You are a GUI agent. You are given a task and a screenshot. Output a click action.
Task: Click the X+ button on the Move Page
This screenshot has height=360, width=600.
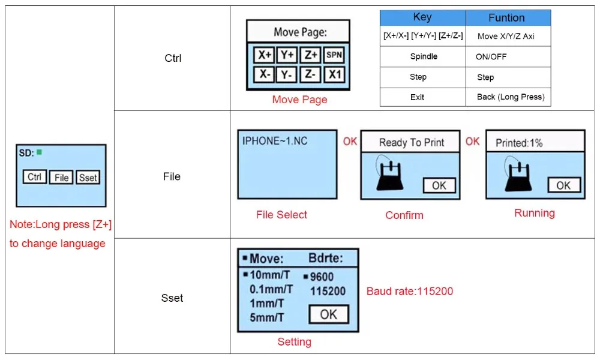[263, 55]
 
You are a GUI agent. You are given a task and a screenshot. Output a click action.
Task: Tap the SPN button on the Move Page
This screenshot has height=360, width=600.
[334, 55]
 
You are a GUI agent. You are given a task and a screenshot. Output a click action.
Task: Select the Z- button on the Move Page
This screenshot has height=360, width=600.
[310, 74]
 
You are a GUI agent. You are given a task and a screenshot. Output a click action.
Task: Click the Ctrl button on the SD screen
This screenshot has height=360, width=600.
[34, 177]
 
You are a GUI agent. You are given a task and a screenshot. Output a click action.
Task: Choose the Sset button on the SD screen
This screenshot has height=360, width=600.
[88, 178]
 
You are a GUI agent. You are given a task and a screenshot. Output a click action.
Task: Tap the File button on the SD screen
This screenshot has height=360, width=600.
[61, 178]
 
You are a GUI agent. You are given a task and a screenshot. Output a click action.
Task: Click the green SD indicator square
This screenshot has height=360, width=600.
[39, 152]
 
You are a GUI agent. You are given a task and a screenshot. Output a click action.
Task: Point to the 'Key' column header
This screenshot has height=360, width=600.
[422, 17]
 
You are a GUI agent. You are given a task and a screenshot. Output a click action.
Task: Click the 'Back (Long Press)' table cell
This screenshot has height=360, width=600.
[508, 97]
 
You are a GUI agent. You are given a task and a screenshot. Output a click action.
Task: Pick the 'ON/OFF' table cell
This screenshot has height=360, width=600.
[508, 56]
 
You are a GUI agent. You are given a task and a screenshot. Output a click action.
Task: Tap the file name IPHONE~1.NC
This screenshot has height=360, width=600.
[275, 141]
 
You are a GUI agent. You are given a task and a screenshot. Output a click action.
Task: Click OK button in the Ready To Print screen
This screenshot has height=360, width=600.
[439, 185]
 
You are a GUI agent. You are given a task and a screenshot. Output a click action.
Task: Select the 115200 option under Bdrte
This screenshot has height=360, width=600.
[328, 291]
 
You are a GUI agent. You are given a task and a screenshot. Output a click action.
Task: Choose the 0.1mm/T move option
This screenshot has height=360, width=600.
[271, 289]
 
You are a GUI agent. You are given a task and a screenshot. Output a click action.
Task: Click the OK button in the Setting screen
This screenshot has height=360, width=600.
[329, 314]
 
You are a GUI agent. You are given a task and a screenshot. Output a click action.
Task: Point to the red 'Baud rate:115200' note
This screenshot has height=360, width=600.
[410, 291]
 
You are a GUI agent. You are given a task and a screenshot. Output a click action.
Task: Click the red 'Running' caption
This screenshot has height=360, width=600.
[534, 213]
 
